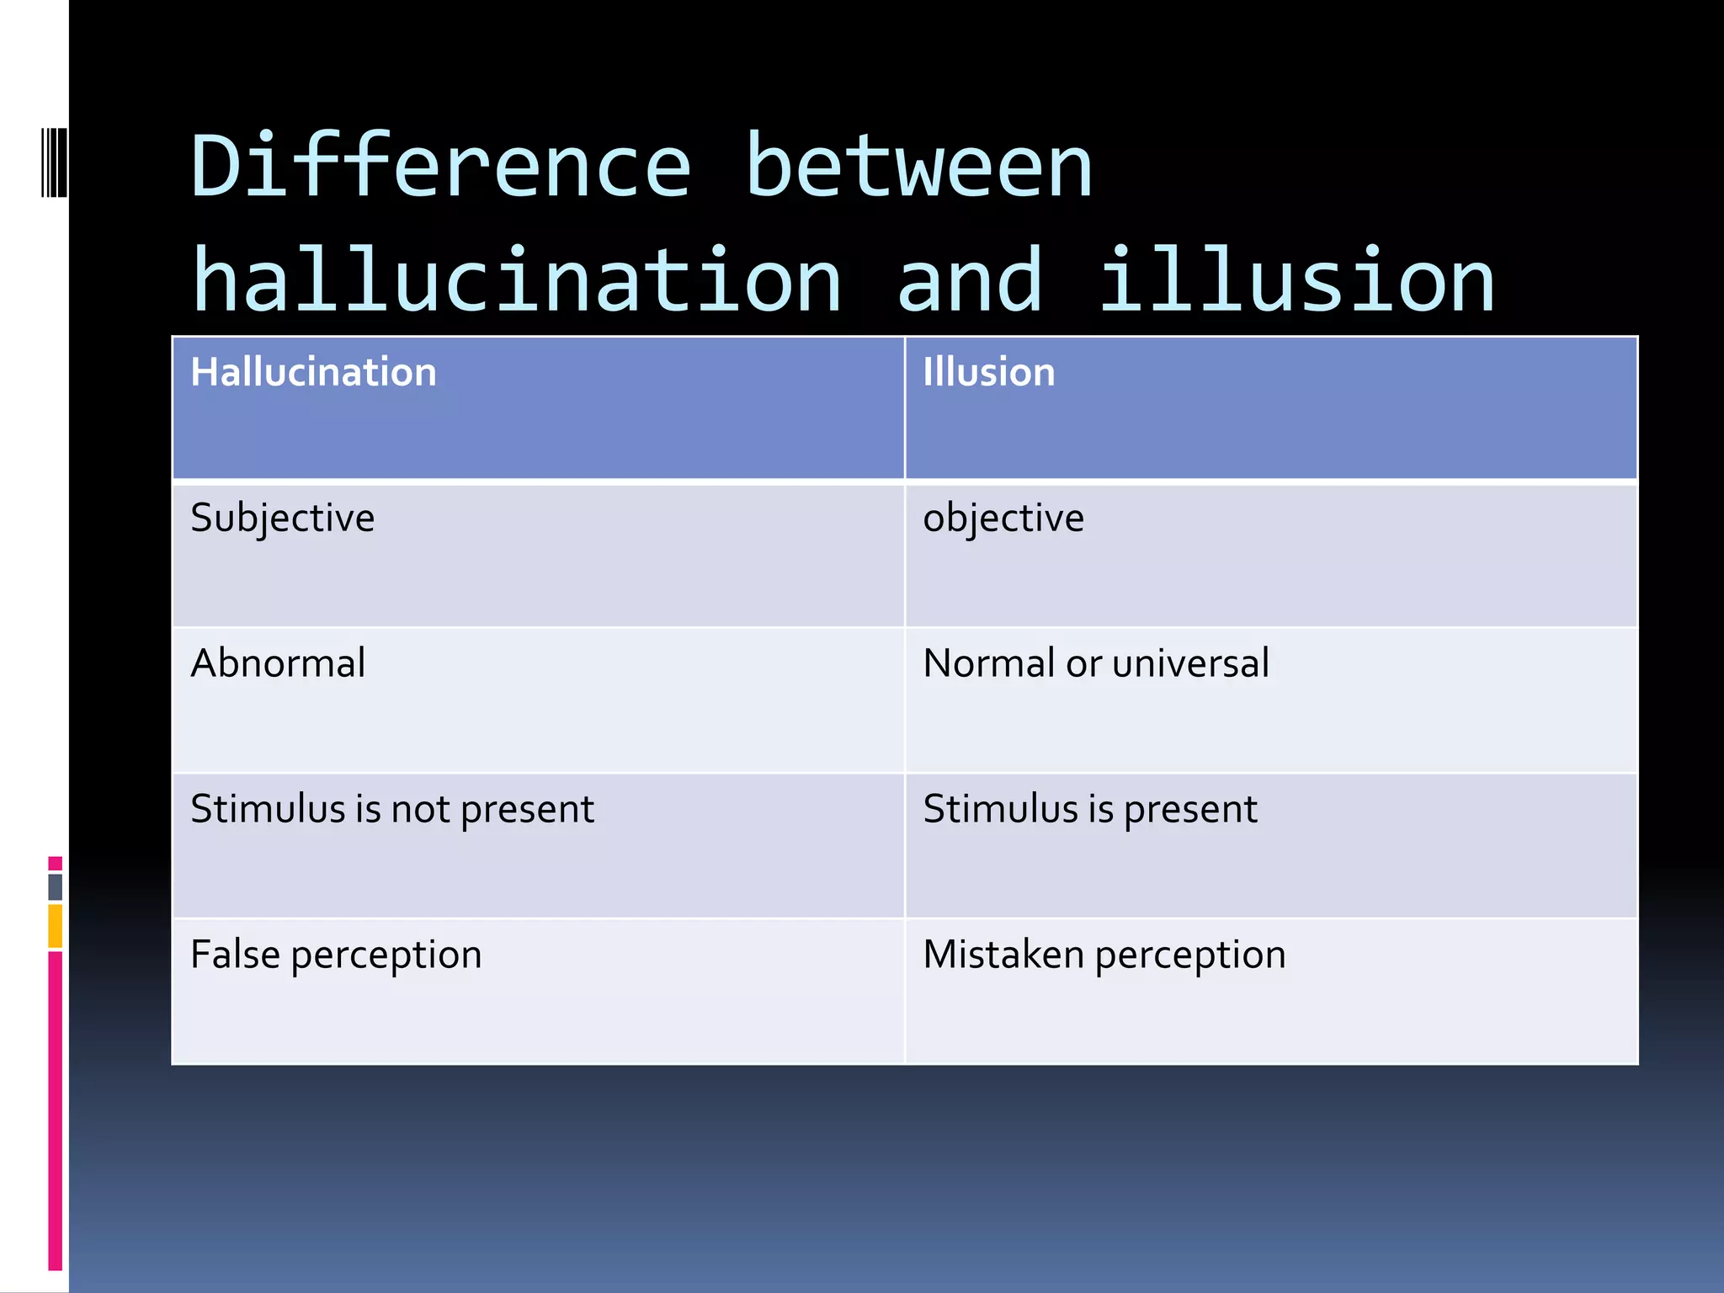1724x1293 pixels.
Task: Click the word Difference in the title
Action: pyautogui.click(x=441, y=167)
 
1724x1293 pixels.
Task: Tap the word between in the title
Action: pyautogui.click(x=918, y=167)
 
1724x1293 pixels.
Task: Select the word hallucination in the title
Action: pyautogui.click(x=517, y=281)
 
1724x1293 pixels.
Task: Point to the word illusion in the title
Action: pyautogui.click(x=1296, y=281)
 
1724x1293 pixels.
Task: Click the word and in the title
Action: pyautogui.click(x=970, y=281)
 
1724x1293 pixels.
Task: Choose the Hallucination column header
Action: pyautogui.click(x=313, y=372)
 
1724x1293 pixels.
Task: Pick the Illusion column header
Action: pyautogui.click(x=988, y=372)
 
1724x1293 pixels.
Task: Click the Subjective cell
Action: pyautogui.click(x=282, y=518)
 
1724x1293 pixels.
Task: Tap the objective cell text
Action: pyautogui.click(x=1003, y=518)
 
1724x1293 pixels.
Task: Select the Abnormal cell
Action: pyautogui.click(x=278, y=663)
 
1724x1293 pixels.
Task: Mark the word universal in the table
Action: pyautogui.click(x=1190, y=663)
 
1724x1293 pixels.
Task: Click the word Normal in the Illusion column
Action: pyautogui.click(x=988, y=663)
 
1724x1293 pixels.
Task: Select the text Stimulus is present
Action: pyautogui.click(x=1089, y=809)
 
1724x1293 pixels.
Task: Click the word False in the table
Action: pyautogui.click(x=235, y=955)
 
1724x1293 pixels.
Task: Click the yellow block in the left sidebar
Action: pyautogui.click(x=56, y=926)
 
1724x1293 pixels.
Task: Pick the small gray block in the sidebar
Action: pyautogui.click(x=56, y=886)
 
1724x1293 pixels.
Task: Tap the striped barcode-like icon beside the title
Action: pyautogui.click(x=54, y=162)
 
